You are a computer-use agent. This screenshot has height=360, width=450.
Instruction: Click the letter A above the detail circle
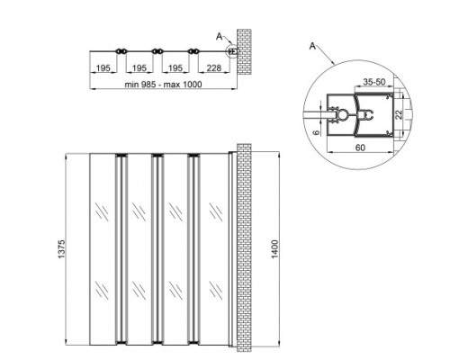click(x=312, y=43)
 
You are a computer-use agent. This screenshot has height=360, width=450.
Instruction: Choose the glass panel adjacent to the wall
click(x=212, y=250)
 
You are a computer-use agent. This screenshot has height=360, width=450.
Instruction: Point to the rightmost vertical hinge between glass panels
click(x=191, y=250)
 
